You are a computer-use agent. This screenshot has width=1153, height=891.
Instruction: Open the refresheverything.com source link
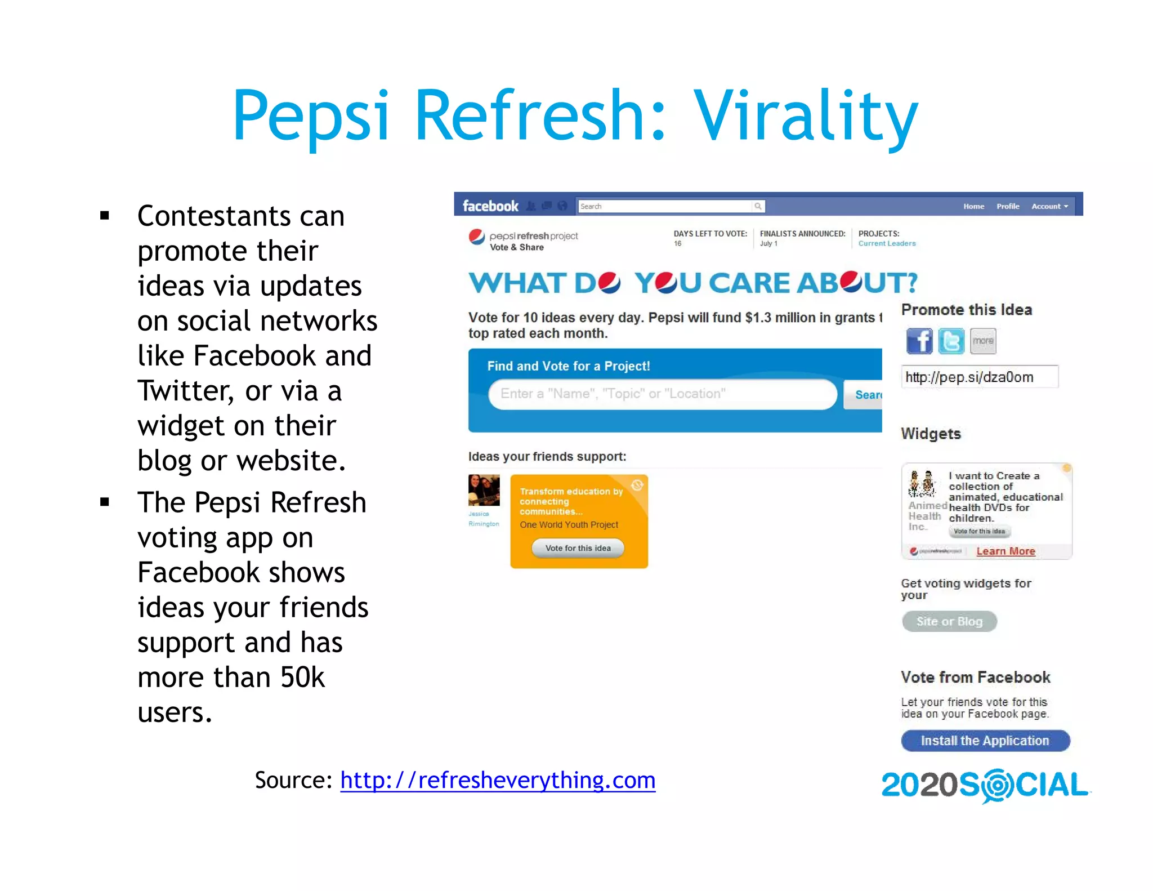point(498,781)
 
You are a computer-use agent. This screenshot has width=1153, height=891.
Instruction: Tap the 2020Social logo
point(985,785)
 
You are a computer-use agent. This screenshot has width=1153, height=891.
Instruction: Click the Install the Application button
point(985,741)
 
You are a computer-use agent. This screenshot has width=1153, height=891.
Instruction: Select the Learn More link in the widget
point(1005,551)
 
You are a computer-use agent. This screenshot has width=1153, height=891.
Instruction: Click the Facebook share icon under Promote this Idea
point(919,341)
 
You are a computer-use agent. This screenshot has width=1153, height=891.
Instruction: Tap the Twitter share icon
point(951,341)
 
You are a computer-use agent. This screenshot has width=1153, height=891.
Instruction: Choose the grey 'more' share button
point(983,341)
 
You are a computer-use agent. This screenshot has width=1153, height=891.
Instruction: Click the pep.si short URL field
point(979,377)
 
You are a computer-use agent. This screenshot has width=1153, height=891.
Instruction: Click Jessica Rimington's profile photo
point(484,490)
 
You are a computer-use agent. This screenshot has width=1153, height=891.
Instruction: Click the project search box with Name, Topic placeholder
point(662,394)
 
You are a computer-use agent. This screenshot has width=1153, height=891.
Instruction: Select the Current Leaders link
point(887,244)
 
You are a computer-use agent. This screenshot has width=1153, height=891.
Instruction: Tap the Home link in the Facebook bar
point(973,206)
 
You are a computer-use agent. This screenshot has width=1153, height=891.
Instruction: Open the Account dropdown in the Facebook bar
point(1049,206)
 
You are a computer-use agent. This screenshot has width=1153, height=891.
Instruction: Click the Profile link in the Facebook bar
point(1008,206)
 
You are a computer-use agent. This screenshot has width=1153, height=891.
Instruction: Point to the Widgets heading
point(931,434)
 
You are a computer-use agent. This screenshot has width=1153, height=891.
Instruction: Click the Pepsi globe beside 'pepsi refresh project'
point(477,237)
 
